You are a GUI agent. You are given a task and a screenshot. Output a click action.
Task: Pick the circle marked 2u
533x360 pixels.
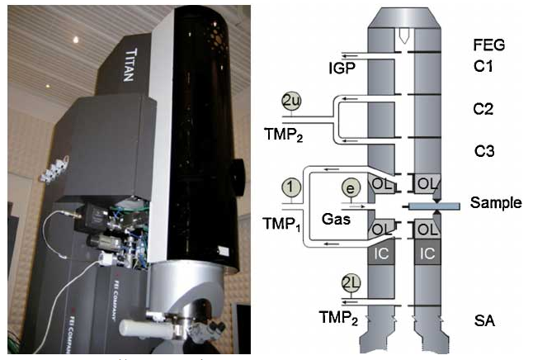click(x=291, y=102)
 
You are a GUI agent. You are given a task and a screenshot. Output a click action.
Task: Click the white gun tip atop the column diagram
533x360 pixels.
click(x=405, y=38)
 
